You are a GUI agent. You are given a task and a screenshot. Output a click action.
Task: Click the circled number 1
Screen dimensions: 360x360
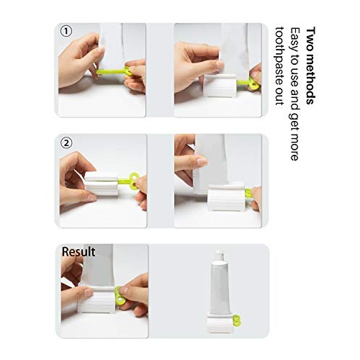66,32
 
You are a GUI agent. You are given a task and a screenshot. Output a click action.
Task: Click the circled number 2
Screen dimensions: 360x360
66,142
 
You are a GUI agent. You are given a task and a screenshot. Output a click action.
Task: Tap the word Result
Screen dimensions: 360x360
78,252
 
